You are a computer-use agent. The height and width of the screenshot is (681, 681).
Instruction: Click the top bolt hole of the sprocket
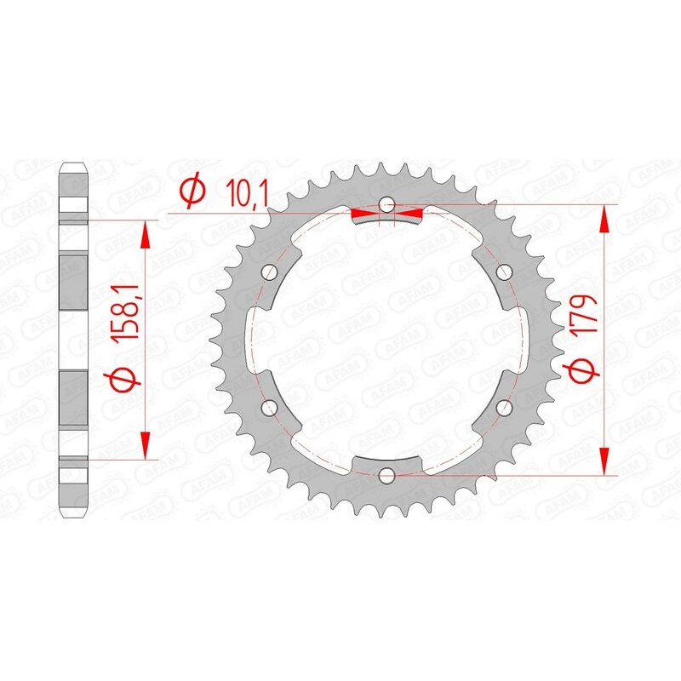tap(387, 204)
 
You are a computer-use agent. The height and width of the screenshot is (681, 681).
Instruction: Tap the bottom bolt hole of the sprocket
tap(387, 474)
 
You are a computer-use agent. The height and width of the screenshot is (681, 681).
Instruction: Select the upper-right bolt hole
tap(504, 272)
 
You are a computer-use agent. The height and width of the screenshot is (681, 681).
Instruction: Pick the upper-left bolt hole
tap(271, 272)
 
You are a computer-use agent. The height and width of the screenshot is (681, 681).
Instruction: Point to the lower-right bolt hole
tap(504, 407)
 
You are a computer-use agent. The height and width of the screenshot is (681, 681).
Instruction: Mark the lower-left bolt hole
tap(271, 407)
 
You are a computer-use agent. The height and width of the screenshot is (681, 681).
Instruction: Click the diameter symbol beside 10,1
tap(193, 192)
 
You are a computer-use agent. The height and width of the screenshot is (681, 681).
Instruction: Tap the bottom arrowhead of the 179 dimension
tap(605, 461)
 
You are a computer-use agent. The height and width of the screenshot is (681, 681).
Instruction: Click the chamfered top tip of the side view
tap(73, 163)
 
